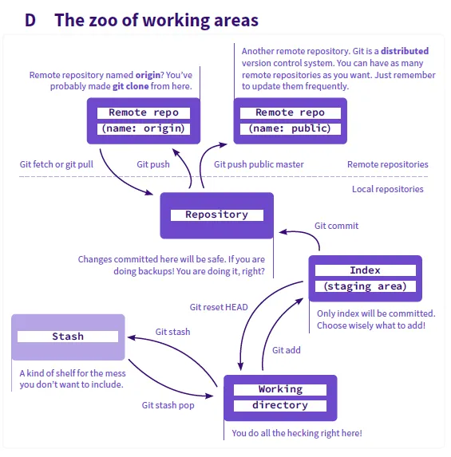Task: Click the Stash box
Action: (68, 337)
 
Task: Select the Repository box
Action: (217, 215)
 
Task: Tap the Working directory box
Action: (280, 398)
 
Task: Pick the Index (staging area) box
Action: (366, 278)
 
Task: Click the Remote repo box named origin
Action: (144, 121)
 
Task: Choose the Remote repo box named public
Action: (291, 121)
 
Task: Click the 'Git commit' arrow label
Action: (336, 226)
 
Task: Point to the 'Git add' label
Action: (287, 350)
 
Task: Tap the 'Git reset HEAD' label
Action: (219, 307)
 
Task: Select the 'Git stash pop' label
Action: (168, 405)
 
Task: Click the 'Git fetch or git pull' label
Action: (57, 164)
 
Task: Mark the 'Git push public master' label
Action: (259, 164)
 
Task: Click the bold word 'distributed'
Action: (405, 51)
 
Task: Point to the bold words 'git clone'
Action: (131, 87)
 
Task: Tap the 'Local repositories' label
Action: (388, 189)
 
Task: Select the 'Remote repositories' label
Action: (388, 164)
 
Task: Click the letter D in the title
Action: (30, 21)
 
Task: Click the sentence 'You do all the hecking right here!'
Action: (297, 433)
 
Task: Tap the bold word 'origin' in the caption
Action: (148, 75)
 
